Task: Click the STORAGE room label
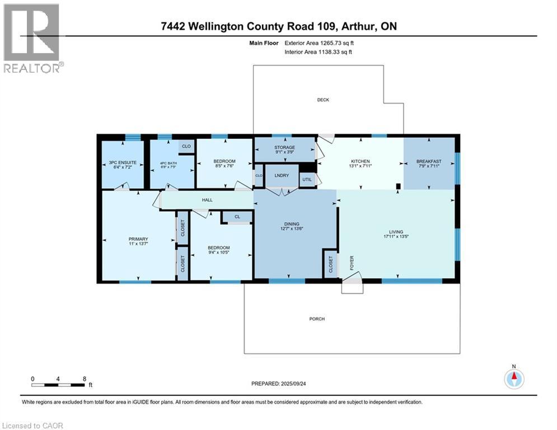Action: [x=284, y=147]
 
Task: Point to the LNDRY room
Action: [x=281, y=175]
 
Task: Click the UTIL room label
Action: [x=307, y=180]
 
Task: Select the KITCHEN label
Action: [x=361, y=161]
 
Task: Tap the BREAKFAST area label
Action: [x=429, y=161]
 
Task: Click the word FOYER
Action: [x=352, y=263]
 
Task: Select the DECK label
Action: [x=323, y=100]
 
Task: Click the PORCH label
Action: [x=317, y=319]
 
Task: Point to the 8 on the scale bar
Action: [x=84, y=378]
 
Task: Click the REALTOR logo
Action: [x=32, y=38]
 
